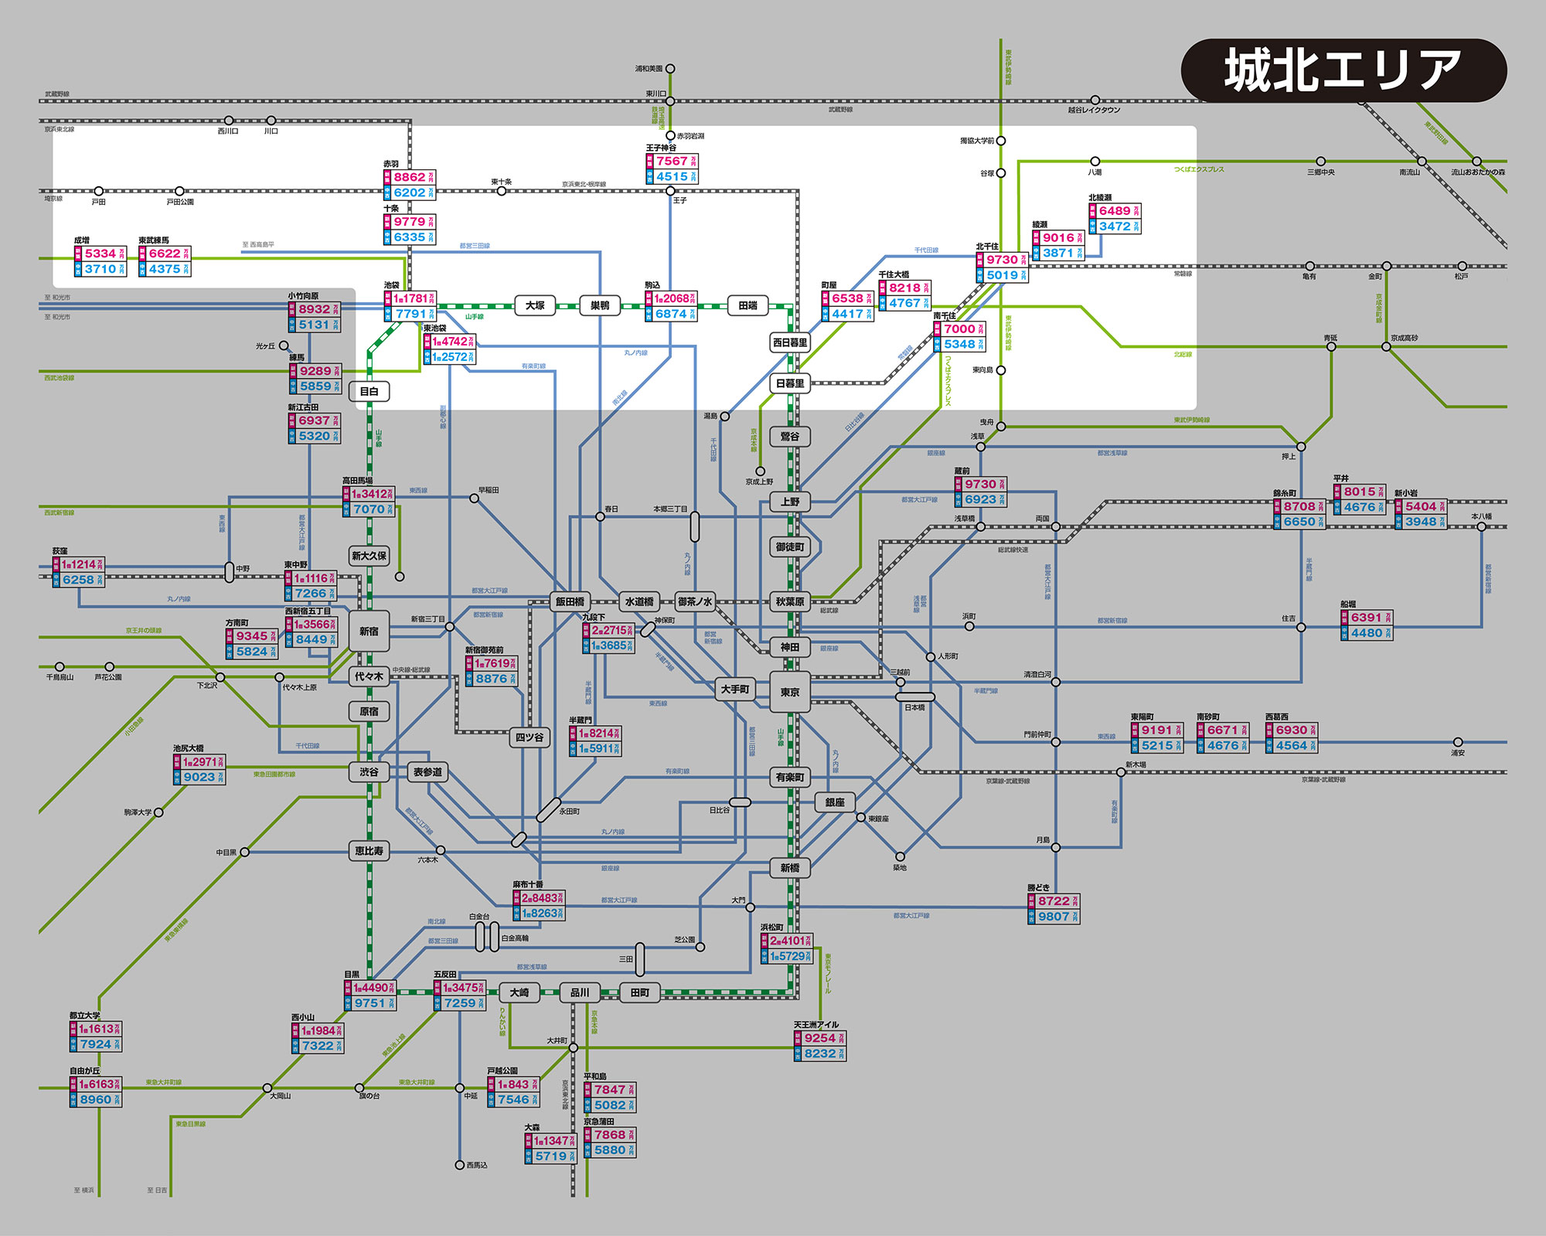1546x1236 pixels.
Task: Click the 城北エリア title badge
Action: [x=1343, y=70]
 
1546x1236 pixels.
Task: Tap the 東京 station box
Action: [x=789, y=692]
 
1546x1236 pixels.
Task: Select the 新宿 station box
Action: [x=369, y=631]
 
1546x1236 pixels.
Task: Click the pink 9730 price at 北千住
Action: [x=1002, y=260]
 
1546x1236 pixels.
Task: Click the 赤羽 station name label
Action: [x=391, y=164]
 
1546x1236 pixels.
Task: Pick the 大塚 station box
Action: [x=535, y=305]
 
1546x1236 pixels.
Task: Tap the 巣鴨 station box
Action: [x=599, y=305]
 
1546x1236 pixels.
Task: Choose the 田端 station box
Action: [x=747, y=305]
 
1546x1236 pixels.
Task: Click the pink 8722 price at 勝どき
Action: [x=1054, y=901]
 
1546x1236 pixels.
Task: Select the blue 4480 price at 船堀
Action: [x=1366, y=633]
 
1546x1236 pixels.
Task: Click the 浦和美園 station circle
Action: [x=670, y=69]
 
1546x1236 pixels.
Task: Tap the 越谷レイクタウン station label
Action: [x=1094, y=110]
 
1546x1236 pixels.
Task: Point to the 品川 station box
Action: [x=580, y=993]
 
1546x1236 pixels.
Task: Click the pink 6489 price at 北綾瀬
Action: [x=1115, y=211]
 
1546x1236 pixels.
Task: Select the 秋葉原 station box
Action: [x=789, y=601]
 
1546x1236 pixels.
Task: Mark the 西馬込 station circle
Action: [x=460, y=1165]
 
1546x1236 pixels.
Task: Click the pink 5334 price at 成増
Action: [x=100, y=254]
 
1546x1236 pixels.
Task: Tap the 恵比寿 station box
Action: [x=369, y=850]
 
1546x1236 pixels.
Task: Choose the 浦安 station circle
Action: [x=1458, y=742]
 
